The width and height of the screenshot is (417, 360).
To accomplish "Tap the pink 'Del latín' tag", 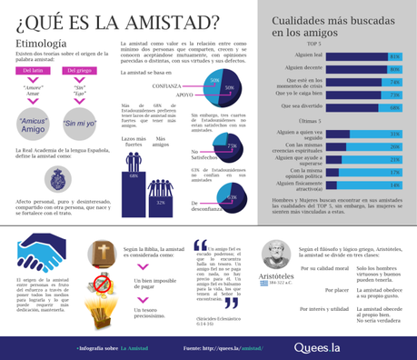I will pyautogui.click(x=37, y=69).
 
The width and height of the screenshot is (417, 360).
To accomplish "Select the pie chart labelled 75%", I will pyautogui.click(x=228, y=147).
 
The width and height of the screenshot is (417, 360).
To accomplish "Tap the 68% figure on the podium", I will pyautogui.click(x=134, y=176).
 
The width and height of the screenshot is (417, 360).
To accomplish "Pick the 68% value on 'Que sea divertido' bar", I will pyautogui.click(x=394, y=106).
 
